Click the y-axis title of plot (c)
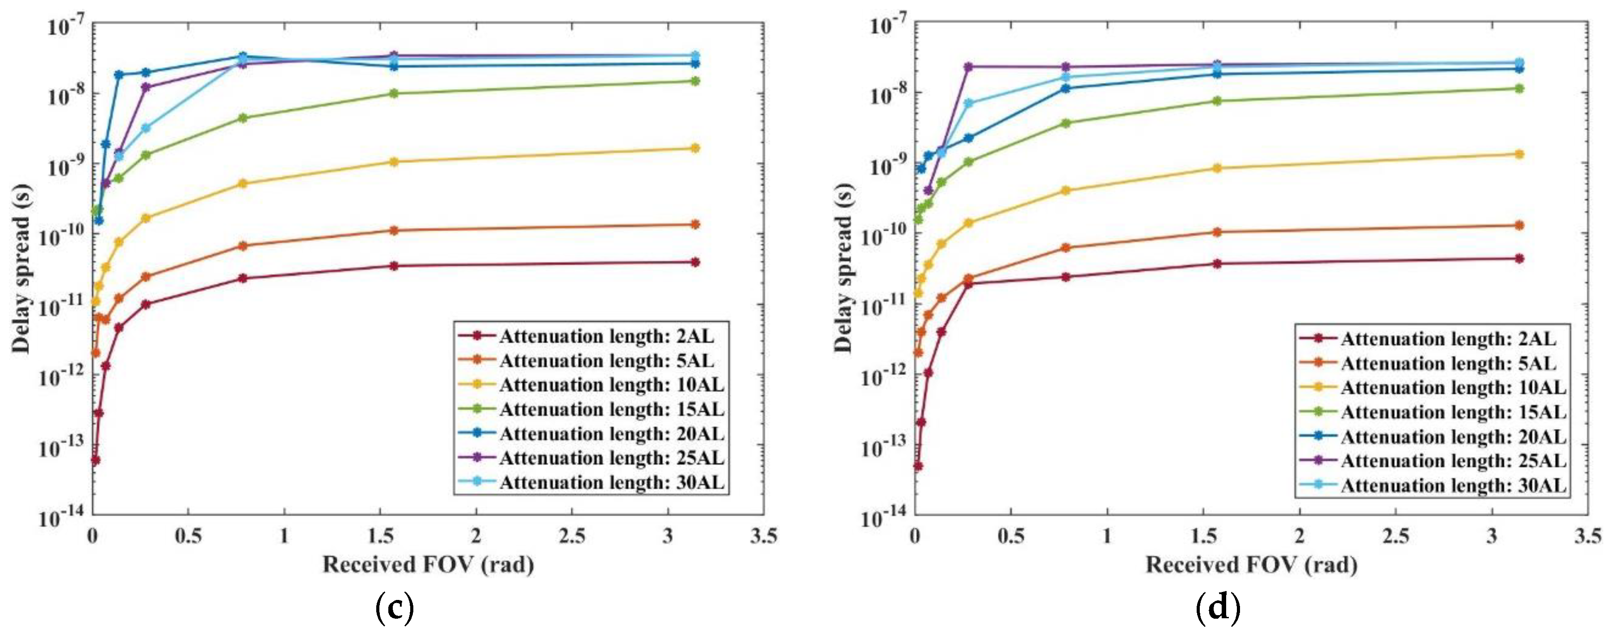(x=21, y=269)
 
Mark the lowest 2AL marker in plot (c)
(x=96, y=460)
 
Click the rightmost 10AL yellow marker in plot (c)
(x=695, y=148)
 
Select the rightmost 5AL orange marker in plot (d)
(x=1519, y=225)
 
